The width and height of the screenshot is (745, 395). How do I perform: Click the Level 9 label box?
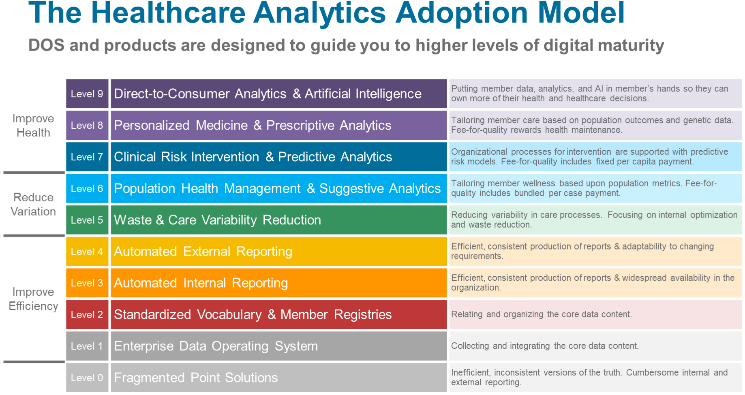coord(87,94)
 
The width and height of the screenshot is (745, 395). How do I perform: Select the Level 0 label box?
coord(87,378)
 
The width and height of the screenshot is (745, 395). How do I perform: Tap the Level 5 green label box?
coord(87,220)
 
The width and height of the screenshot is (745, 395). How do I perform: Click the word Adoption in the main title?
coord(462,14)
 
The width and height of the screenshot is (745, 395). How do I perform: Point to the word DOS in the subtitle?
coord(46,45)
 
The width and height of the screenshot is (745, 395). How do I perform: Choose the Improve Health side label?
coord(33,126)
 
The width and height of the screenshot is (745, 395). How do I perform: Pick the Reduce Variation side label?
coord(33,204)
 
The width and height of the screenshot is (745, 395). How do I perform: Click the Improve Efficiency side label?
coord(33,299)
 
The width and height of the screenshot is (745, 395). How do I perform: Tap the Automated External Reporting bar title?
coord(203,252)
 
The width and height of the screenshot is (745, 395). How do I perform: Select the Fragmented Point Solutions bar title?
coord(196,378)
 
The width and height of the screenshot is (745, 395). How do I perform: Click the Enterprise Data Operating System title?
coord(216,346)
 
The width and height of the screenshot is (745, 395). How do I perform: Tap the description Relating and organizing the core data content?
coord(542,314)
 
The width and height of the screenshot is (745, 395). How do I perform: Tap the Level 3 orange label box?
coord(87,283)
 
